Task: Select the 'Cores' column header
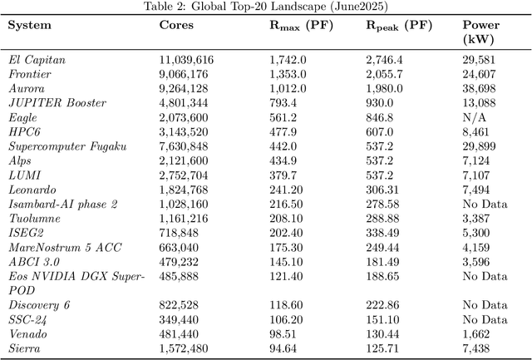[176, 25]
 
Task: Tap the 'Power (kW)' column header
[481, 32]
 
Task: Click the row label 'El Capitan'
[37, 61]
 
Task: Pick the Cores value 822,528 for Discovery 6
[183, 305]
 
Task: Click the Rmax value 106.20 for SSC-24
[286, 319]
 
